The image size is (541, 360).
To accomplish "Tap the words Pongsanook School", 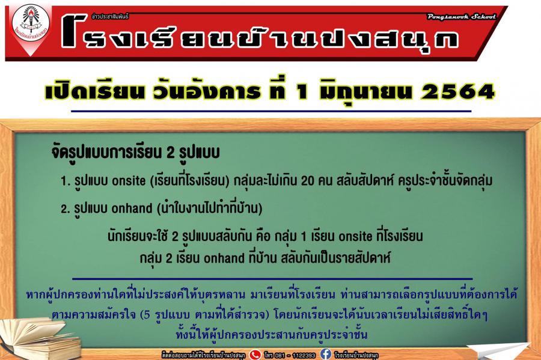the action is click(x=461, y=17).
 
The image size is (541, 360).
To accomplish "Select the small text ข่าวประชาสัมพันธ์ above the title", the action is click(x=110, y=16).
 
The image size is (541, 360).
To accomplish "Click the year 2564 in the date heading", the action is click(x=458, y=92).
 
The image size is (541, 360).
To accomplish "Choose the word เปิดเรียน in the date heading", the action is click(x=94, y=92).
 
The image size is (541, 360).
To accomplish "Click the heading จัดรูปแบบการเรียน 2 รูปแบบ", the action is click(x=135, y=153).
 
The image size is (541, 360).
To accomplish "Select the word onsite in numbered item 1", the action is click(x=129, y=181).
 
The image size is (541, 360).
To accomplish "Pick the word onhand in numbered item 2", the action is click(x=132, y=209).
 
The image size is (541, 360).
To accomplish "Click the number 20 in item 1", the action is click(x=308, y=181).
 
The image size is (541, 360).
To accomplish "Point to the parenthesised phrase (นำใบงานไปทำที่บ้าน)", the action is click(x=210, y=209).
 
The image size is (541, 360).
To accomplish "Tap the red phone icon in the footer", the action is click(x=255, y=355).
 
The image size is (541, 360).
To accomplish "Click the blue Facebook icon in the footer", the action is click(x=326, y=354).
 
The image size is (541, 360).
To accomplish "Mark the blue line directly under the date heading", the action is click(x=271, y=111).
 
